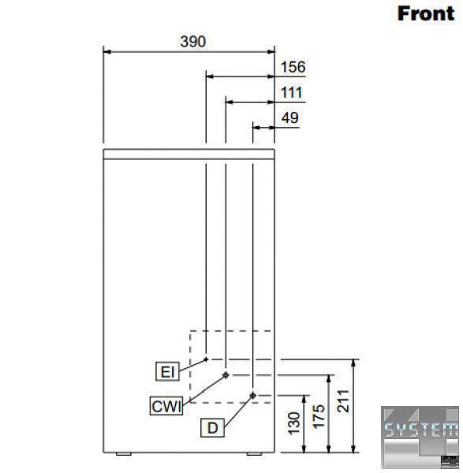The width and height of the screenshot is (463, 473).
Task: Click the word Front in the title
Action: (x=426, y=13)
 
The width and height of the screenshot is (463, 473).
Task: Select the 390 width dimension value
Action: (x=193, y=41)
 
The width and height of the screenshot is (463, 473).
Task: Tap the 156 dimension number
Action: (x=293, y=67)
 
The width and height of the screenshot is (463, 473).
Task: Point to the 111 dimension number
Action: (x=292, y=92)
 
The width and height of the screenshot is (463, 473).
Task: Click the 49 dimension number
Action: (x=290, y=118)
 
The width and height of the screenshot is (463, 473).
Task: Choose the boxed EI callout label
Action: (x=167, y=371)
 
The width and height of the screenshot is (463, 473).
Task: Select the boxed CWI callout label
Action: (x=166, y=406)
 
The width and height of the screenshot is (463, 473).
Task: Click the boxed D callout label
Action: (x=212, y=427)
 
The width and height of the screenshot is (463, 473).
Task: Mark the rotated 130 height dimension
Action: (x=293, y=423)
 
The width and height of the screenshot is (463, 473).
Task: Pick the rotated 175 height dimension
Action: (x=319, y=416)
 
